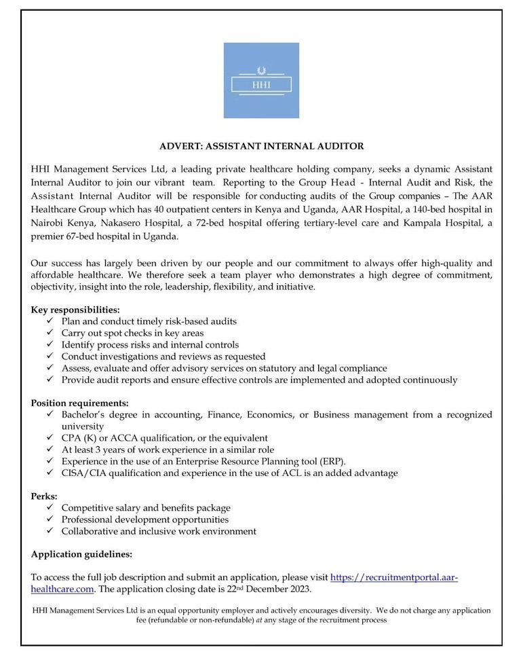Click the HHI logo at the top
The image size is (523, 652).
point(261,80)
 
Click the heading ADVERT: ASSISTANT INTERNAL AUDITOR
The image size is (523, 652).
point(261,145)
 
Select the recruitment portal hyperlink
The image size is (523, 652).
point(394,577)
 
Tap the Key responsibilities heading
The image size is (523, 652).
point(75,309)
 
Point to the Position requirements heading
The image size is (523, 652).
point(79,403)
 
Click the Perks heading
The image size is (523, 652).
point(44,496)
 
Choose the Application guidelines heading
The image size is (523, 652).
point(81,554)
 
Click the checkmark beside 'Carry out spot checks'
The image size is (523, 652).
point(50,333)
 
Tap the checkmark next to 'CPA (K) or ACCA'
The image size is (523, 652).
point(50,438)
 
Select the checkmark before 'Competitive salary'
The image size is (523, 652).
point(50,508)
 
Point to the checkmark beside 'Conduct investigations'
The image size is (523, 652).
point(50,357)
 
